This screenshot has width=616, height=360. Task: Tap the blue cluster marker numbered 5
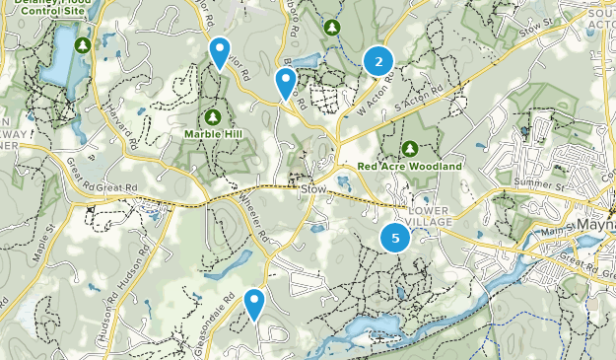pos(395,238)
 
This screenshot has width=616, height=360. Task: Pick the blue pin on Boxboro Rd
pos(286,84)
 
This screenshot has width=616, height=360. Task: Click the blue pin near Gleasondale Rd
pos(255,303)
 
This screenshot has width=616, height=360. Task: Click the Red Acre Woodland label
pos(410,167)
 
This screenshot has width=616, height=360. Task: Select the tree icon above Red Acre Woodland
pos(409,149)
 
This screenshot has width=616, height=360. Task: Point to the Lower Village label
pos(428,217)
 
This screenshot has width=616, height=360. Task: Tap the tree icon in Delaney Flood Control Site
pos(84,45)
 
